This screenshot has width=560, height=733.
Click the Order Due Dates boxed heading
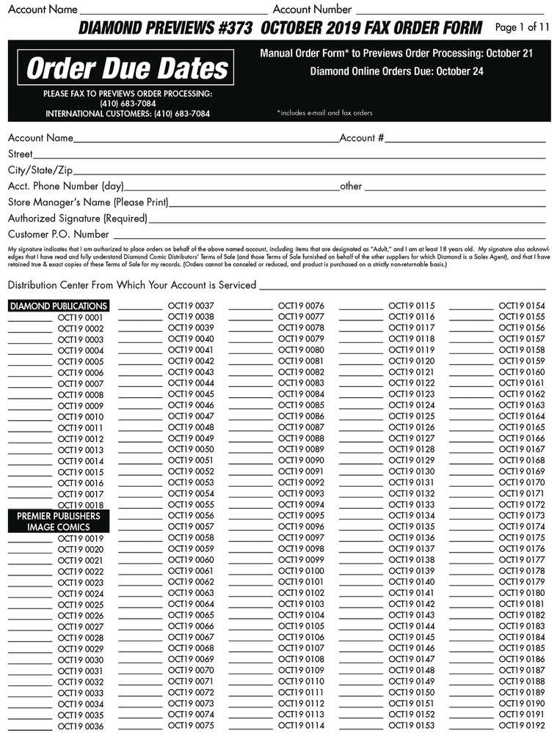pos(127,69)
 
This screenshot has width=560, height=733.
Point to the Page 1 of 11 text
pos(522,28)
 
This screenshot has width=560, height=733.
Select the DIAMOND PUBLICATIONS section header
pos(59,306)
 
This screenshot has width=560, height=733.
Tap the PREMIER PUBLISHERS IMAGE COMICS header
pos(59,521)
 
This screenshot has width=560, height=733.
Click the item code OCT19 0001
pos(81,317)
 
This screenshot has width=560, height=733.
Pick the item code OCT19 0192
pos(522,726)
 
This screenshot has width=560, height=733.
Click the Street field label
pos(21,154)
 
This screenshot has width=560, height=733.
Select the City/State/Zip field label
pos(40,170)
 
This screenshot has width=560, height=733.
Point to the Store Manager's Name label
pos(88,202)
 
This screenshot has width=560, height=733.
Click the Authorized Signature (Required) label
pos(77,218)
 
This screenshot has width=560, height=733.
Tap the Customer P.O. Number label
pos(59,235)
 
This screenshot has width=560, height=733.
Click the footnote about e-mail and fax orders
pos(324,113)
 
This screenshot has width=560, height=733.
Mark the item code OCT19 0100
pos(301,571)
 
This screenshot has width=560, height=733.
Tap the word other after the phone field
pos(351,186)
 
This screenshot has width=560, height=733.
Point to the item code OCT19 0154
pos(522,306)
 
